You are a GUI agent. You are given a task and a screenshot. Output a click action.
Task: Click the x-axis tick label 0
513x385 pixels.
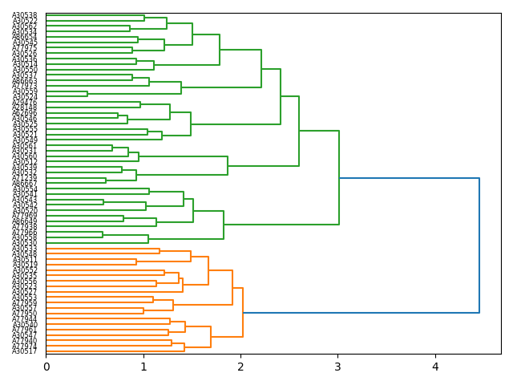click(46, 367)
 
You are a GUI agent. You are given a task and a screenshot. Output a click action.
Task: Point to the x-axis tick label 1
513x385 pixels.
click(143, 367)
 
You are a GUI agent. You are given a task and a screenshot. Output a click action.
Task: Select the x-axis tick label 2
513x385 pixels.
click(240, 367)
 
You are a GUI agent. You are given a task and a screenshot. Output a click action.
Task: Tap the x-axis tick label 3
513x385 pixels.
click(338, 367)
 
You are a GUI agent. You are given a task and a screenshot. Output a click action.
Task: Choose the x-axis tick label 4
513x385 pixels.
click(435, 367)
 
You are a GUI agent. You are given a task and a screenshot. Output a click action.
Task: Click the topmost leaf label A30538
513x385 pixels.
click(24, 15)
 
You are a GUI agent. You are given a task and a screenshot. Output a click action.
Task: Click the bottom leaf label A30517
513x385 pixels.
click(24, 351)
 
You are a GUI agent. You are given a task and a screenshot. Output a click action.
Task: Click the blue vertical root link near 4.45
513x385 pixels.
click(479, 245)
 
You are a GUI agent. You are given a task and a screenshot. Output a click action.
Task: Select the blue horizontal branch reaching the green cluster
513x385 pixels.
click(409, 178)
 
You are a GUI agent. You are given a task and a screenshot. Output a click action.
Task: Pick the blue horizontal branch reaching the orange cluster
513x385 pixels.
click(361, 313)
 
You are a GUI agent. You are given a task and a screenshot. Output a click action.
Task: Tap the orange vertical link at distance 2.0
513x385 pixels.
click(243, 312)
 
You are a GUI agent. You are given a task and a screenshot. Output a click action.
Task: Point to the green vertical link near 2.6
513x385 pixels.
click(299, 131)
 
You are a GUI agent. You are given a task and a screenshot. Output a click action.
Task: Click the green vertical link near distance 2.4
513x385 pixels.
click(281, 96)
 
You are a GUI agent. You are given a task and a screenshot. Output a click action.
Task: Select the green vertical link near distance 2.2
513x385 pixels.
click(261, 69)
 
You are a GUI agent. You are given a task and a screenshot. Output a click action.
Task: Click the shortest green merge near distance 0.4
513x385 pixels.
click(87, 93)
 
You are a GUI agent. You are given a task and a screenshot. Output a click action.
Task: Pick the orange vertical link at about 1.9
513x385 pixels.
click(232, 287)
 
